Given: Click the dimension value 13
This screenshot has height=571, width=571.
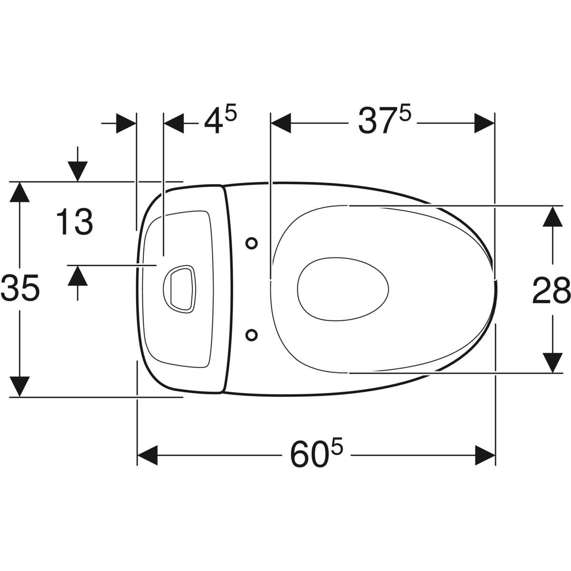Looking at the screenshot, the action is [75, 222].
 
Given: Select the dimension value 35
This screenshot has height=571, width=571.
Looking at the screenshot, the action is [20, 287].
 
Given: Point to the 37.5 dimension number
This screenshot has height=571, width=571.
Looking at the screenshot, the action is [384, 120].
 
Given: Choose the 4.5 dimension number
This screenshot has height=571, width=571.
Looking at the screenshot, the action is [220, 120].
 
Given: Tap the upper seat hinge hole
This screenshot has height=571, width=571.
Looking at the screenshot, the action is [252, 243].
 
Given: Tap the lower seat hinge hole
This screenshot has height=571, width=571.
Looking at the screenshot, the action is [252, 335].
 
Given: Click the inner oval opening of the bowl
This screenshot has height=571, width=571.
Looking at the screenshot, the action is [343, 289].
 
